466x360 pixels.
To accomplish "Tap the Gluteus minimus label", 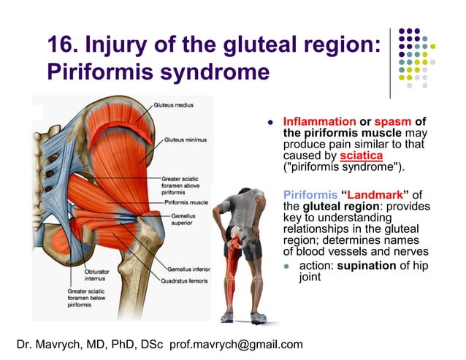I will [x=184, y=139].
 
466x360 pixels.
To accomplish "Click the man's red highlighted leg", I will [x=234, y=263].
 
